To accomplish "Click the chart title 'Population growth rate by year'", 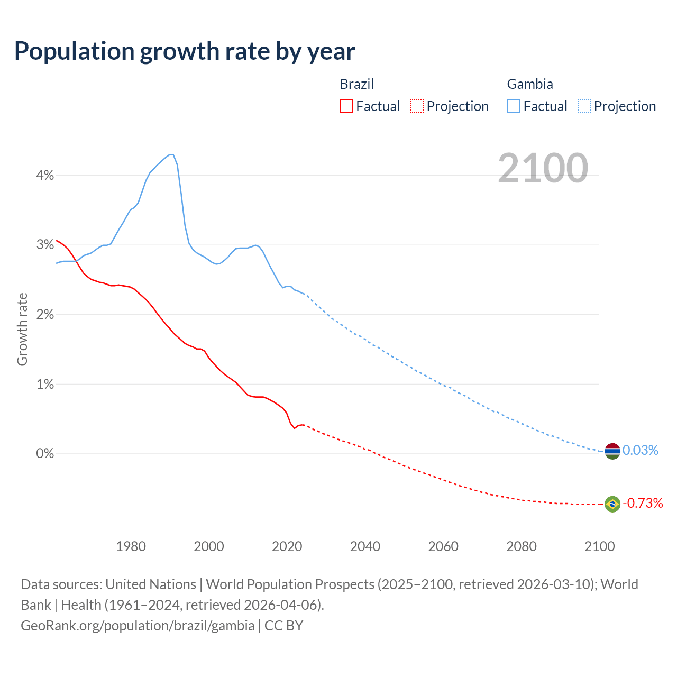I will coord(185,51).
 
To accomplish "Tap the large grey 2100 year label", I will coord(543,168).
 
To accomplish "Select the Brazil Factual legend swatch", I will coord(346,106).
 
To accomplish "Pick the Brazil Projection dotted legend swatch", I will coord(417,106).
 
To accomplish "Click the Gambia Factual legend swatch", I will coord(514,106).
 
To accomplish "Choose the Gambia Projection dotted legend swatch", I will coord(584,106).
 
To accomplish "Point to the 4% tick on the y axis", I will coord(45,175).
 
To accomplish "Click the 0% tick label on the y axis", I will coord(45,454).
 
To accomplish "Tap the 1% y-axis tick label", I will coord(45,385).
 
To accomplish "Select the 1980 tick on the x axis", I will coord(131,546).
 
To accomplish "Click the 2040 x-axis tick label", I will coord(365,546).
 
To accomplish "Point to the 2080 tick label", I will coord(522,546).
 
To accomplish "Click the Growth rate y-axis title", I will coord(22,329).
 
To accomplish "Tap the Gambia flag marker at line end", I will coord(612,451).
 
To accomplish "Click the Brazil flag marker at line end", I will coord(612,504).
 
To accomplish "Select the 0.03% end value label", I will coord(641,451).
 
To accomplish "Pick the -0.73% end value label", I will coord(643,503).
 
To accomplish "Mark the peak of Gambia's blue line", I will coord(171,154).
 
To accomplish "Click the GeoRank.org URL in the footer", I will coord(138,626).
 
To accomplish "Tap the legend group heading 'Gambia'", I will coord(530,84).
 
